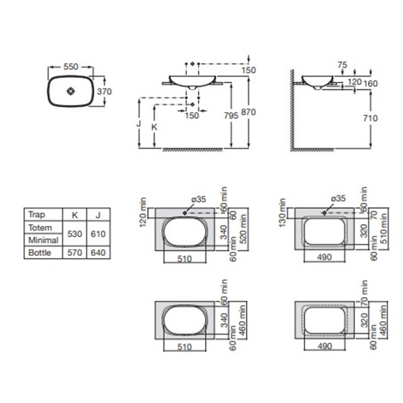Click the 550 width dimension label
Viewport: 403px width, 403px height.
[71, 67]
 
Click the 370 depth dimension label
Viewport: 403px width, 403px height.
[104, 92]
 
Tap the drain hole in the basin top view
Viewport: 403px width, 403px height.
[71, 91]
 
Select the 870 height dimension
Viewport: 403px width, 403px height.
[248, 112]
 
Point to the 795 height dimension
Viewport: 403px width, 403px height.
[231, 116]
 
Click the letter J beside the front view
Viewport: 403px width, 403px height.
[139, 123]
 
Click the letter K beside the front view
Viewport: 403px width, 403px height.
[154, 127]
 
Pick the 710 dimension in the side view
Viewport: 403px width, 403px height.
[370, 118]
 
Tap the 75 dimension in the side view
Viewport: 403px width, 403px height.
[343, 65]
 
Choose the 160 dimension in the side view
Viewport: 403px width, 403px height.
[370, 84]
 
